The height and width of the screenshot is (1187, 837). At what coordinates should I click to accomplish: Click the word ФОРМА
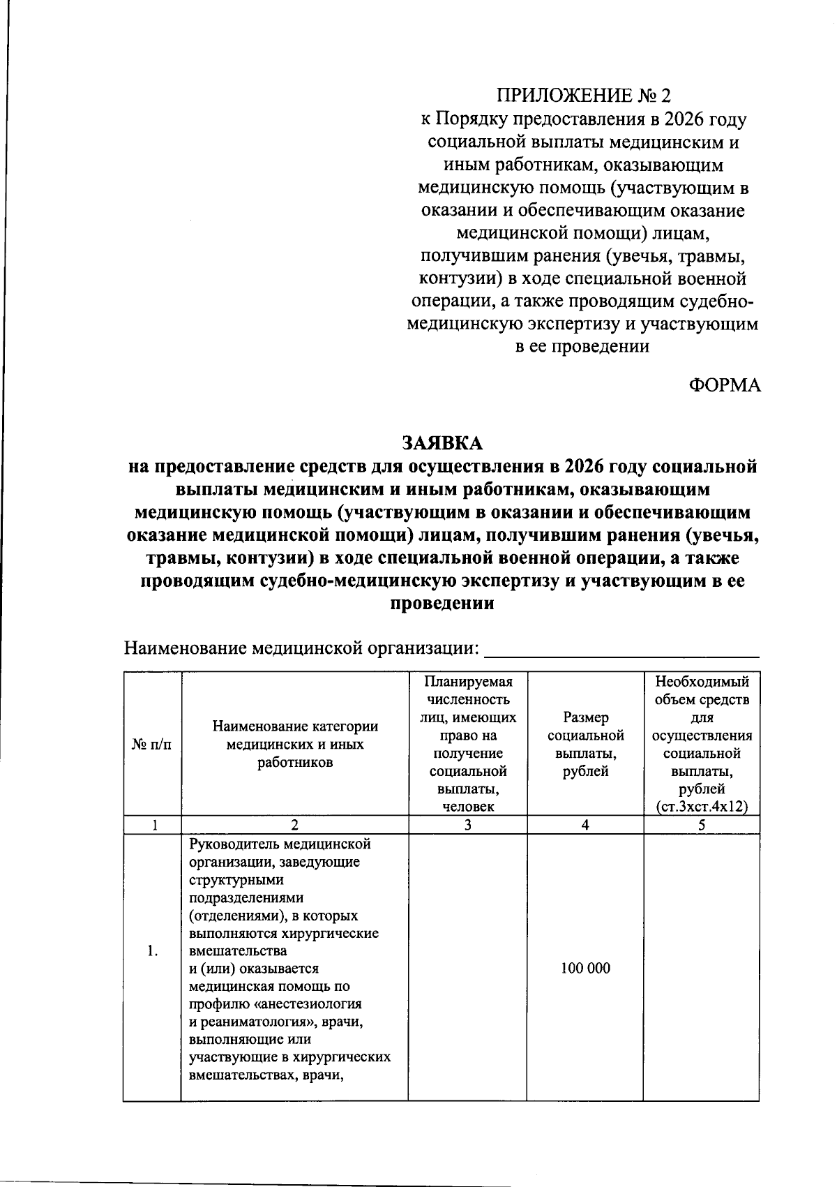pyautogui.click(x=725, y=385)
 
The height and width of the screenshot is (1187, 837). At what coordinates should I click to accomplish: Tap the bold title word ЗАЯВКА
pyautogui.click(x=442, y=443)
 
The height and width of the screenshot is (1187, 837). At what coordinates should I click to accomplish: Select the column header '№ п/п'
pyautogui.click(x=151, y=745)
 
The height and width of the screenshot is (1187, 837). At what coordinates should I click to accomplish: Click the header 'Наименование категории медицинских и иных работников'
pyautogui.click(x=295, y=745)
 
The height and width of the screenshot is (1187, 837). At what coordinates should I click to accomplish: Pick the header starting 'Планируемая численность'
pyautogui.click(x=467, y=745)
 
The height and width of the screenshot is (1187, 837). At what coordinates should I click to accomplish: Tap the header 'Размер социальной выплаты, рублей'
pyautogui.click(x=585, y=745)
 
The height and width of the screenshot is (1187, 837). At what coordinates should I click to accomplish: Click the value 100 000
pyautogui.click(x=585, y=969)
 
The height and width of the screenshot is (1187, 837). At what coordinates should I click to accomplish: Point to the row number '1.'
pyautogui.click(x=153, y=951)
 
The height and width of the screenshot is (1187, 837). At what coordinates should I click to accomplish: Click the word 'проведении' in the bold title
pyautogui.click(x=442, y=604)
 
